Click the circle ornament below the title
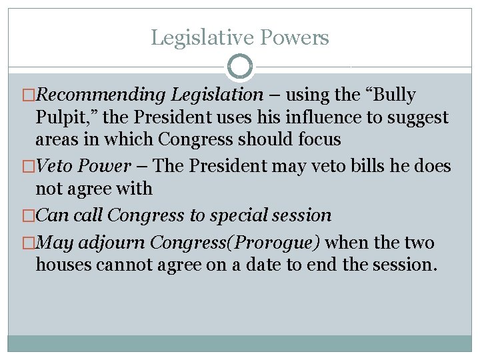click(x=240, y=67)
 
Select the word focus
click(x=317, y=140)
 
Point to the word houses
click(x=64, y=265)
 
